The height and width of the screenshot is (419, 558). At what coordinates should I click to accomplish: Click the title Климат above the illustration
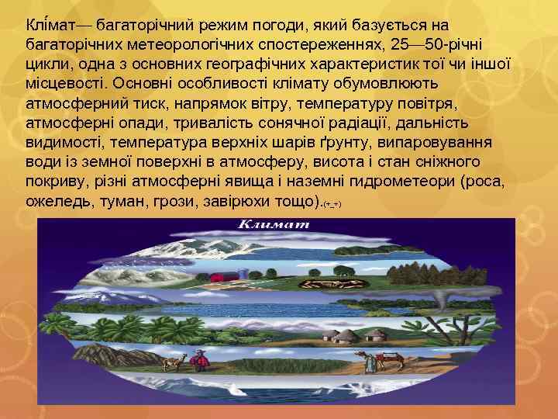[x=274, y=224]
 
